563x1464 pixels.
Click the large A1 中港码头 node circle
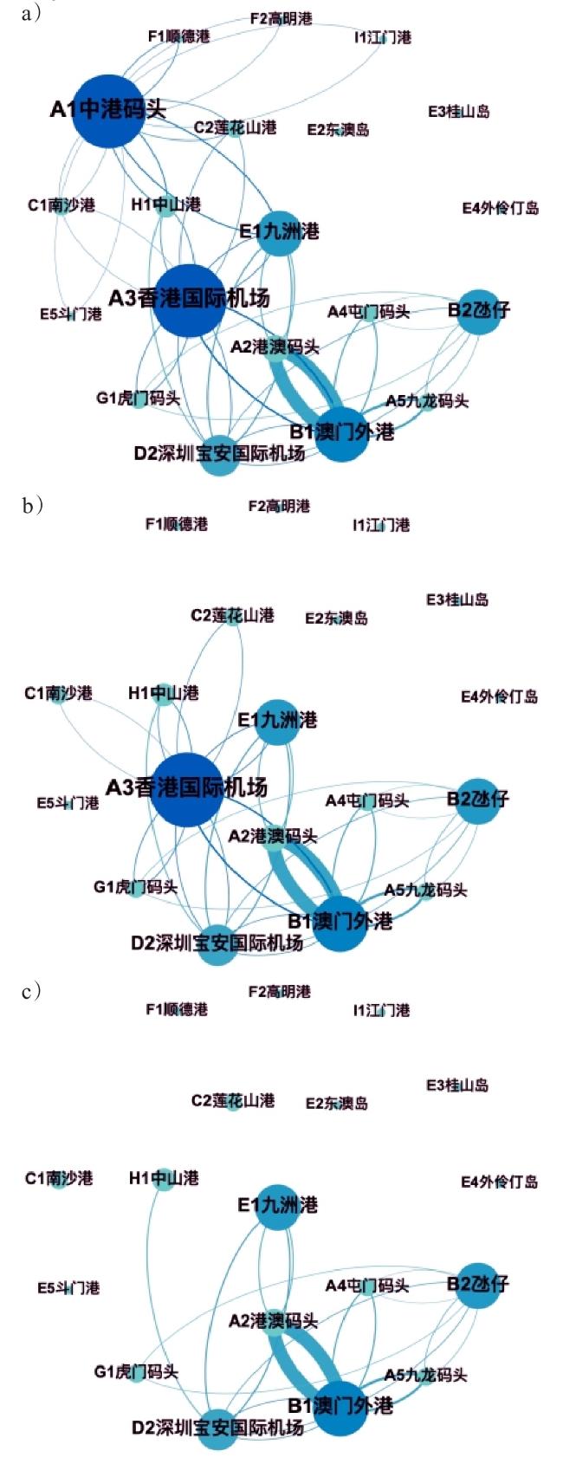tap(107, 110)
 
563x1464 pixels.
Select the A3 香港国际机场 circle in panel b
tap(187, 789)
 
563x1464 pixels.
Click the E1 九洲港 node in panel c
tap(278, 1205)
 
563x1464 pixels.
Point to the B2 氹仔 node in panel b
tap(477, 799)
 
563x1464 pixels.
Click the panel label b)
tap(32, 505)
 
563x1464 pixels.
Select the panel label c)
tap(31, 991)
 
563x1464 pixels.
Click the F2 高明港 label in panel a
tap(281, 18)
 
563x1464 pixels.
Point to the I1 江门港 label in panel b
tap(381, 525)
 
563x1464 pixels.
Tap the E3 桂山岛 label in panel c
tap(457, 1085)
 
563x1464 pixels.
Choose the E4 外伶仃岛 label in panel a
tap(500, 208)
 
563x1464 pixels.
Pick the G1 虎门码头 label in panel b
tap(136, 887)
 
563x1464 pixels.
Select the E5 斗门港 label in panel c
tap(68, 1288)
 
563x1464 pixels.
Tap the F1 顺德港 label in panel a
tap(178, 36)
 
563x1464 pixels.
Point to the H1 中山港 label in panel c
tap(164, 1178)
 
